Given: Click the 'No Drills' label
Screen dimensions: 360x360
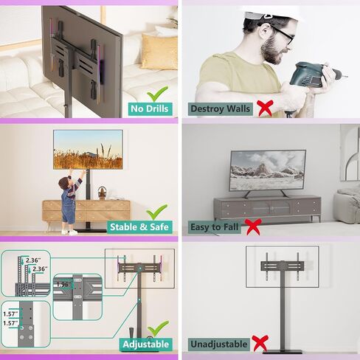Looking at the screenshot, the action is (150, 109).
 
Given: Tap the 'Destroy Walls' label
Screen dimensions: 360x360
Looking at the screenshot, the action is (221, 109).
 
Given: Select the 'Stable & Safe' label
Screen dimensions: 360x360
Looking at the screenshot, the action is (139, 227).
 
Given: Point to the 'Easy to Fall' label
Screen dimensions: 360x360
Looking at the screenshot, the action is (214, 227).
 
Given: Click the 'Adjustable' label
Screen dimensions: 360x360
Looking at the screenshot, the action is (146, 345).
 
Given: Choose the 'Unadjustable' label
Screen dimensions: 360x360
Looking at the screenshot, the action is (219, 345).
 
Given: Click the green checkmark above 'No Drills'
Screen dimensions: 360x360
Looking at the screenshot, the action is (157, 94).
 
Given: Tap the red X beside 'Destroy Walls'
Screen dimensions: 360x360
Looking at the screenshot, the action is (265, 108).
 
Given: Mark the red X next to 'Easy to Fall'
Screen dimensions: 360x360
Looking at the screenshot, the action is (253, 226).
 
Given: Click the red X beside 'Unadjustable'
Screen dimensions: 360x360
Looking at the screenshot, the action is (260, 343).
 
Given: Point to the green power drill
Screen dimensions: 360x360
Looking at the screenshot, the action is (312, 75).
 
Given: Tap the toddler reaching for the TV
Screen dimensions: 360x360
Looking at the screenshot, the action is (70, 201).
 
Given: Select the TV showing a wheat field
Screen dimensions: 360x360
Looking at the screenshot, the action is (88, 150).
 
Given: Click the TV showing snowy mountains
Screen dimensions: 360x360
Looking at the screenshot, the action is (268, 170).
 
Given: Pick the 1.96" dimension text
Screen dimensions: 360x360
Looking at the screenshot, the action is (63, 285).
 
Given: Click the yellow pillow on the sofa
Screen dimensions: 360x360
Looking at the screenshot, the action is (159, 52).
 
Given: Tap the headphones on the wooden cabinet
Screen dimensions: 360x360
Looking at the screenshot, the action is (102, 193).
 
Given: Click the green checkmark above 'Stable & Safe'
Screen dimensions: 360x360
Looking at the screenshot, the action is (157, 212).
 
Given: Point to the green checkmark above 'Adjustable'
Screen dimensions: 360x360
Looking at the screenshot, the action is (159, 328).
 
